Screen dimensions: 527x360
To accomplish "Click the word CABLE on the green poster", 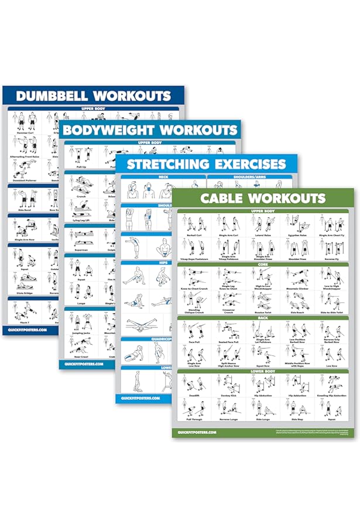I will click(x=224, y=198).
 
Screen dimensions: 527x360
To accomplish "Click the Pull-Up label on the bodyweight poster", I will click(x=81, y=166).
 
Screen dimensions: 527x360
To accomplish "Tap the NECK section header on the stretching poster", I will click(x=163, y=177).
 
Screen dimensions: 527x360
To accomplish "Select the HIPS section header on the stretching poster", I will click(x=163, y=263).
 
